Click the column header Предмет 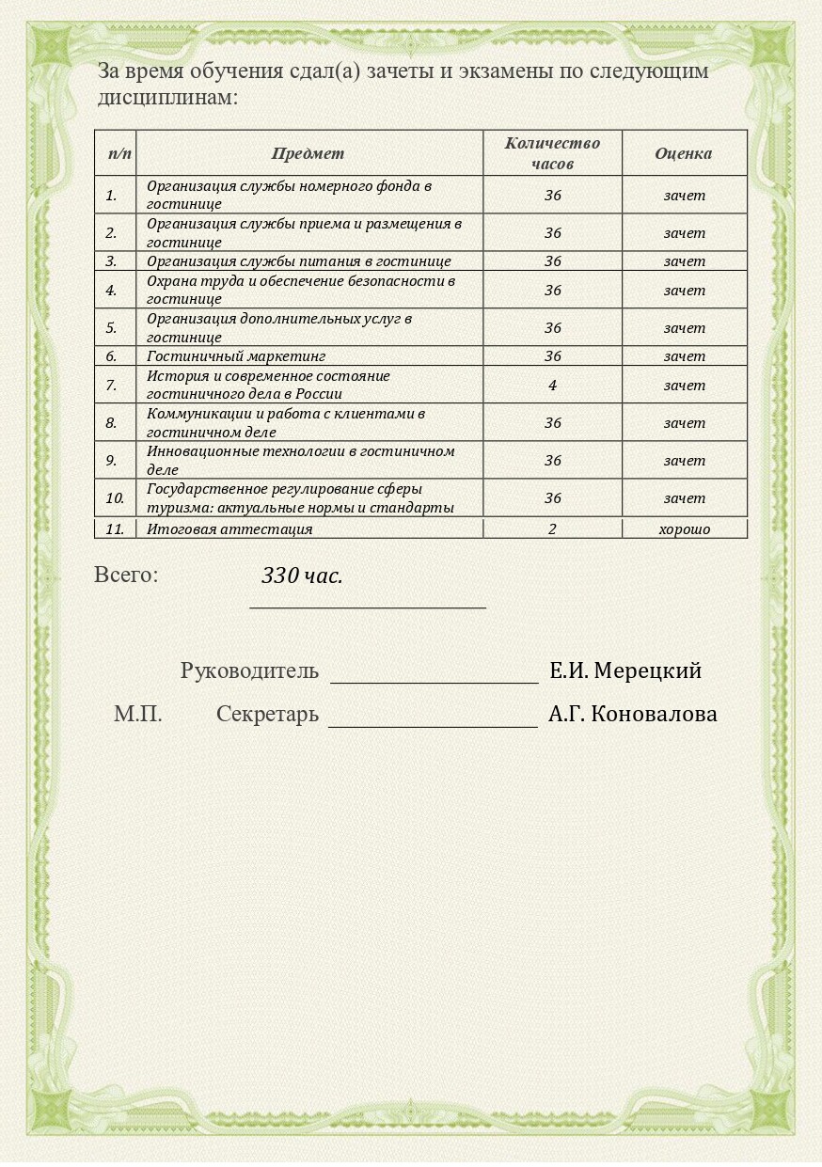(308, 153)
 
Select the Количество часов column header (552, 153)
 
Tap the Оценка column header (684, 153)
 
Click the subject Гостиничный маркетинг (236, 356)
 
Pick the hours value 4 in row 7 (552, 385)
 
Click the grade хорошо (684, 529)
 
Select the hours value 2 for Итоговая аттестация (552, 529)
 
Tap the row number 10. (115, 498)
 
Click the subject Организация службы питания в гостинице (299, 261)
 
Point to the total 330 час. (302, 576)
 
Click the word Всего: (126, 575)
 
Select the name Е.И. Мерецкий (625, 671)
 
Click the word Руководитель (249, 671)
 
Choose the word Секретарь (267, 715)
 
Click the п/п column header (119, 153)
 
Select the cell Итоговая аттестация (229, 529)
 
